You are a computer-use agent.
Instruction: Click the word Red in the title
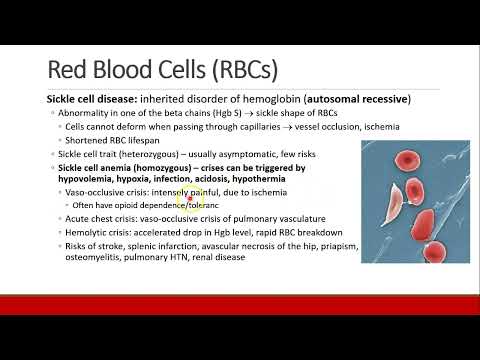coord(67,69)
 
